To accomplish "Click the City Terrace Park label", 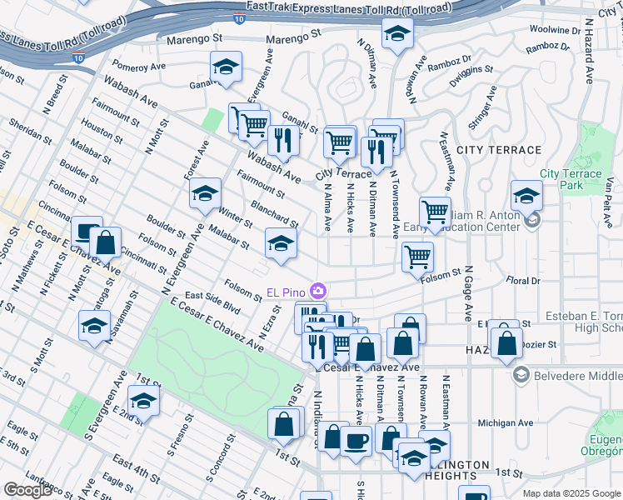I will pos(571,179).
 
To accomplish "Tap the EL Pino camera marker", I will pos(317,291).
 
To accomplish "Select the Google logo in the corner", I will pos(27,490).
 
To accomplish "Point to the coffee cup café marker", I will pos(356,441).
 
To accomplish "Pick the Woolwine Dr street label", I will pos(554,29).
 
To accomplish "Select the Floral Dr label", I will pos(524,281).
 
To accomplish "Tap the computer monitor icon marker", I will pos(87,231).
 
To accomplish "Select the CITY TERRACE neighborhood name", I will pos(499,150).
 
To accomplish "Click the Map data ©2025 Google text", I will pos(571,493).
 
